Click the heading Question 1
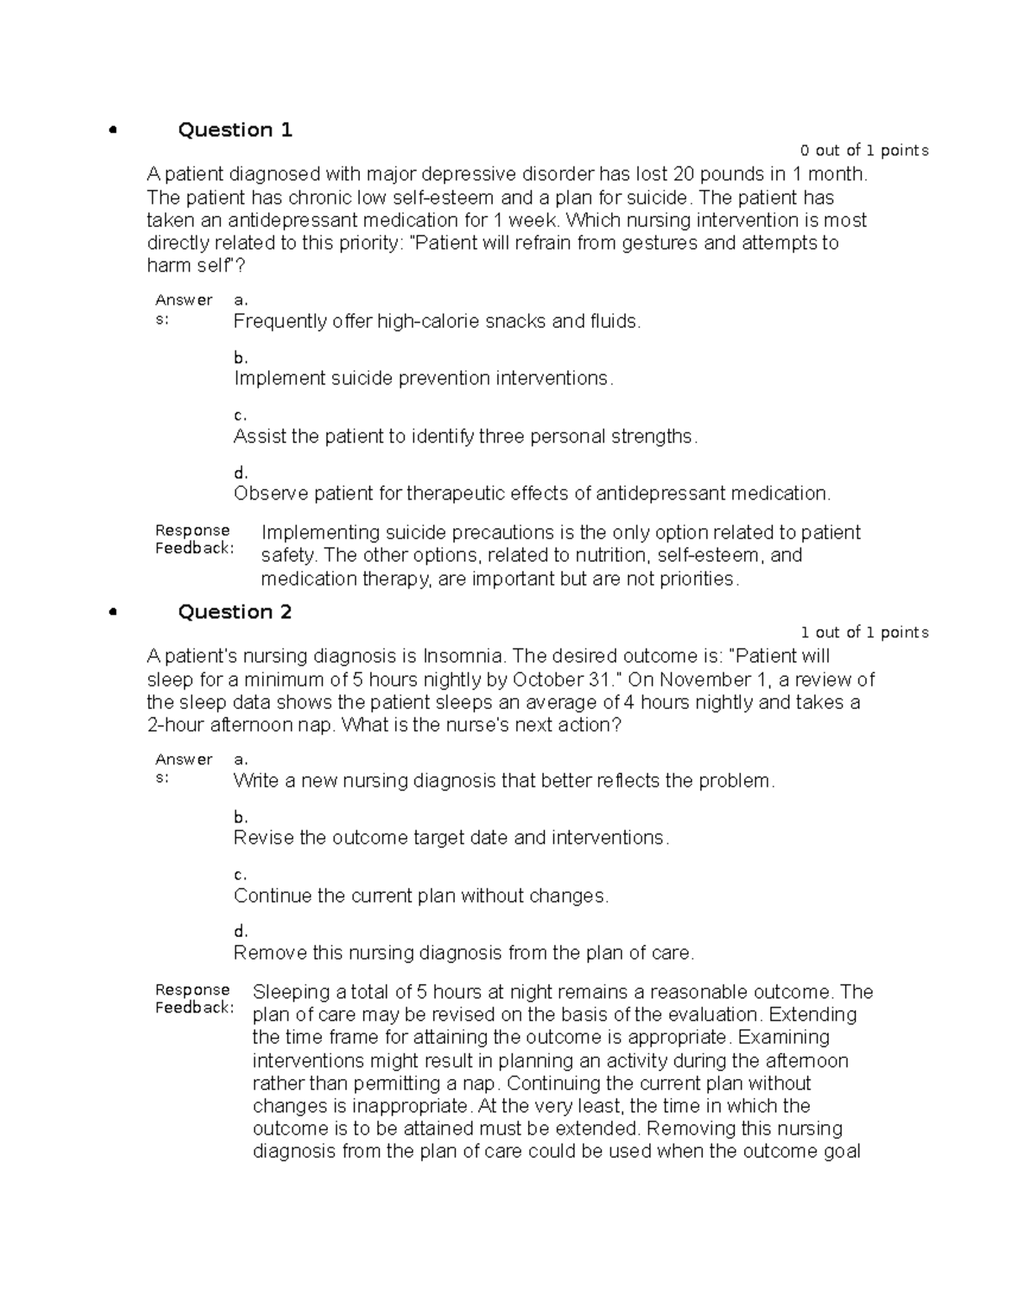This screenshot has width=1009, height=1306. click(x=235, y=130)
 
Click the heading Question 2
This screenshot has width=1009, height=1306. click(x=235, y=611)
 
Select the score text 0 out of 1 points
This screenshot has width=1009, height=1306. click(x=864, y=151)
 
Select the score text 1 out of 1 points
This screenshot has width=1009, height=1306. click(x=864, y=632)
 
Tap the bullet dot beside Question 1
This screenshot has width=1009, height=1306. click(x=111, y=130)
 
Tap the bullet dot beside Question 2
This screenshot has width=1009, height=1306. click(x=111, y=612)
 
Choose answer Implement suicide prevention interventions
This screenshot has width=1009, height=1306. click(x=423, y=378)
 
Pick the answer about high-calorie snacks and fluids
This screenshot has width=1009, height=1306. click(x=436, y=321)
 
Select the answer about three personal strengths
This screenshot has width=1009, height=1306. click(x=465, y=436)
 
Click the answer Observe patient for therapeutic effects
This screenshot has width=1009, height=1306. click(x=531, y=494)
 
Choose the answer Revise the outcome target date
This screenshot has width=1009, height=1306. click(x=451, y=838)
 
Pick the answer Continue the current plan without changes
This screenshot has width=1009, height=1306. click(x=420, y=896)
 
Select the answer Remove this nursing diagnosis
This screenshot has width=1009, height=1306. click(x=464, y=953)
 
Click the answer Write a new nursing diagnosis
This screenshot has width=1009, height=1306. click(x=504, y=780)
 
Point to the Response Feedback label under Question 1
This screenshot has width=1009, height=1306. click(x=193, y=539)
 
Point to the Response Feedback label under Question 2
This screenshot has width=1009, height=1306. click(x=193, y=998)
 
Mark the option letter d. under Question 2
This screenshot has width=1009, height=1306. click(x=240, y=931)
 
